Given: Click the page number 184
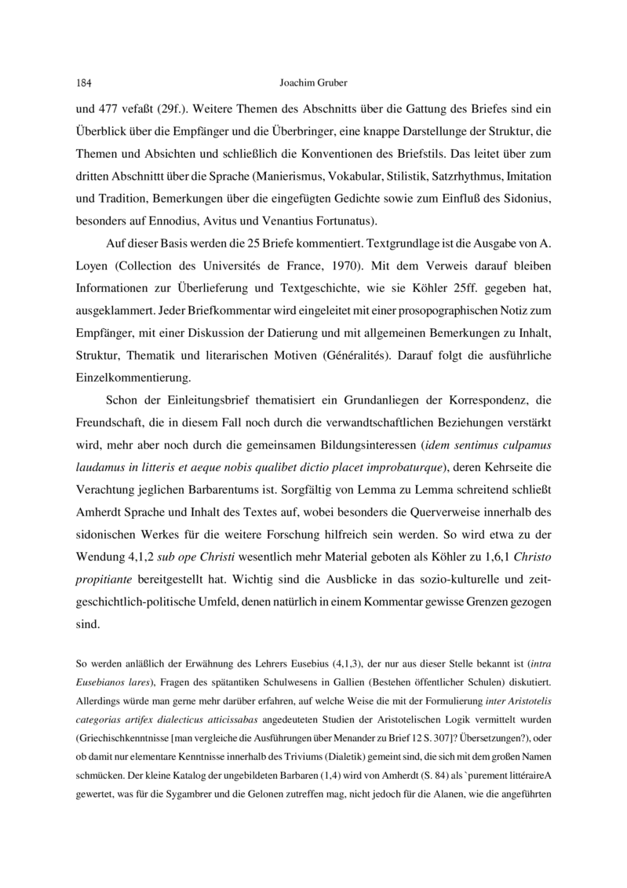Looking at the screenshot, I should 85,81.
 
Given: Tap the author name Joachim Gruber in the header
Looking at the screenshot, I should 312,81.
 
